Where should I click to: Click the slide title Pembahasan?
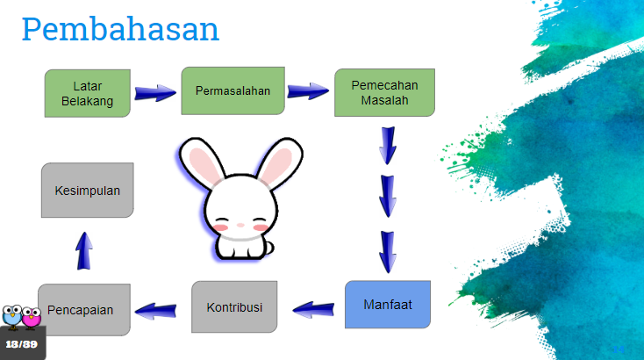(x=120, y=30)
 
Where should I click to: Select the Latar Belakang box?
(x=88, y=93)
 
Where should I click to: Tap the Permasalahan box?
(x=233, y=90)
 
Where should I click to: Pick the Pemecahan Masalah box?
(x=384, y=92)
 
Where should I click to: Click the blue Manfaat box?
(x=388, y=305)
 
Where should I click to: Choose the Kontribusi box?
(x=234, y=307)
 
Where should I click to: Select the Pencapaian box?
(x=84, y=309)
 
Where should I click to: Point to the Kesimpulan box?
(x=88, y=191)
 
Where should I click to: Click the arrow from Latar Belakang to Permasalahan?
(x=155, y=93)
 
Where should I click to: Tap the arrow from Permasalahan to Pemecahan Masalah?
(x=308, y=91)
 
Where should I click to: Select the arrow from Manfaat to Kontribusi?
(x=313, y=309)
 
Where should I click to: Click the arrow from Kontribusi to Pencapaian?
(x=155, y=311)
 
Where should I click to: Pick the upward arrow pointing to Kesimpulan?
(x=84, y=251)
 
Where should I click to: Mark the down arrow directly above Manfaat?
(x=388, y=252)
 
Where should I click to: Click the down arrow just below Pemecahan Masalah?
(x=388, y=146)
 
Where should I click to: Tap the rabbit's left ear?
(x=202, y=162)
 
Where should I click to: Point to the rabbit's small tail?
(x=269, y=248)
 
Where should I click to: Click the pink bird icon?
(x=32, y=317)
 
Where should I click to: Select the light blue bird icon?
(x=12, y=316)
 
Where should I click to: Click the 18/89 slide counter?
(x=21, y=344)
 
